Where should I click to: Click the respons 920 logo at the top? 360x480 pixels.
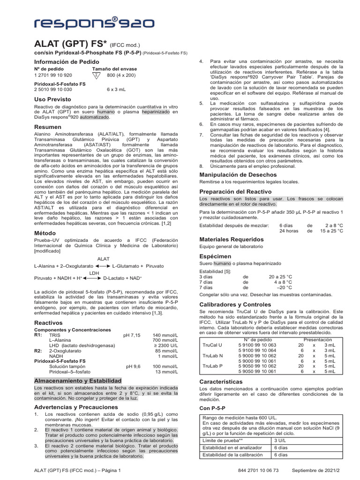(x=89, y=22)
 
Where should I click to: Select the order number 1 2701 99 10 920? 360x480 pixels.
(x=53, y=75)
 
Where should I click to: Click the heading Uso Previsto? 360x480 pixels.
(x=52, y=99)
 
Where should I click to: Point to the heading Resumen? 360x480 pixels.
(x=48, y=127)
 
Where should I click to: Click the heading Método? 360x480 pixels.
(x=45, y=232)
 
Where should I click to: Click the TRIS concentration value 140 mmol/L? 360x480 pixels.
(x=165, y=335)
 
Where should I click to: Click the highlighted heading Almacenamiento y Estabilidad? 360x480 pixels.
(x=78, y=381)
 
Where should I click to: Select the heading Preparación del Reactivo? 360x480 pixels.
(x=235, y=192)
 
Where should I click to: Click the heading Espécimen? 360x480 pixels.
(x=215, y=256)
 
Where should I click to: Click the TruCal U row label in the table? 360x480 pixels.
(x=212, y=345)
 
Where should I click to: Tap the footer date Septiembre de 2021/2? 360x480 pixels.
(x=317, y=470)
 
